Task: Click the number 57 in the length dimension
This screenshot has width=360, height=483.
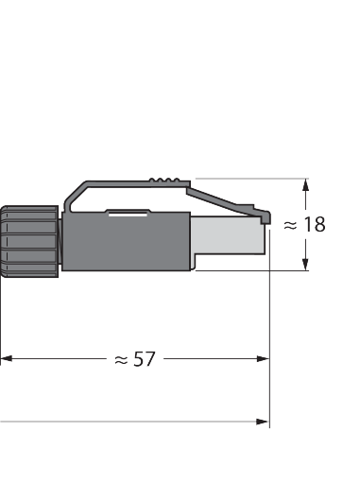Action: (145, 359)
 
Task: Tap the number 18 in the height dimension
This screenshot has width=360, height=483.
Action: (315, 225)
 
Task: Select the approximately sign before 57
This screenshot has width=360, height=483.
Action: (121, 360)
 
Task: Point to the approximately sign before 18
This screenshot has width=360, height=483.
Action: (290, 225)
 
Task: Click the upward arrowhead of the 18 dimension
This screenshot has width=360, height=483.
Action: (305, 185)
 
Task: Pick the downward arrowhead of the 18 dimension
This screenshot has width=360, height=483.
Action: (305, 264)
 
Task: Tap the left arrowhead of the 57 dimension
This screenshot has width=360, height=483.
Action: (7, 358)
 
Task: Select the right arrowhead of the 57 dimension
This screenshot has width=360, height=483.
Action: (263, 358)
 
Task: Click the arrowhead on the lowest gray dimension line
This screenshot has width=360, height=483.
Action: (263, 422)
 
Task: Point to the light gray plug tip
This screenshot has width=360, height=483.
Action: (228, 235)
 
